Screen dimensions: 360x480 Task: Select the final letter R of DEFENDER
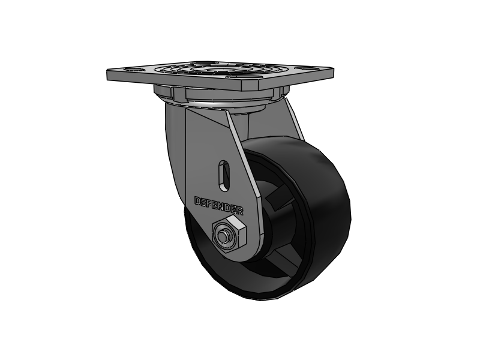(240, 212)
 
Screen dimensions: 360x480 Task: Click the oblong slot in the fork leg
(225, 174)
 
